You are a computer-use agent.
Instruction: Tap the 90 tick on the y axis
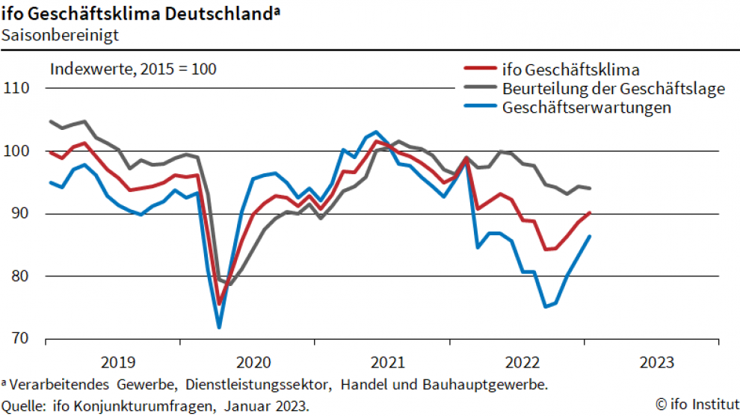[19, 214]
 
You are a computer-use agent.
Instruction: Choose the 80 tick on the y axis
[19, 276]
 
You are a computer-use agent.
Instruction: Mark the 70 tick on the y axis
[19, 338]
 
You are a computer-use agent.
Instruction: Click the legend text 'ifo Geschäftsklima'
[571, 70]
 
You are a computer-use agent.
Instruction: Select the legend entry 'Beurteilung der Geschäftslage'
[614, 89]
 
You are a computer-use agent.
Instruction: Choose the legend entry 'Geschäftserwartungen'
[587, 108]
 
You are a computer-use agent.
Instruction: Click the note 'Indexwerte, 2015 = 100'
[133, 69]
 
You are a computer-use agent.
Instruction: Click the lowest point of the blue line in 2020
[219, 327]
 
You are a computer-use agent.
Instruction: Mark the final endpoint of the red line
[591, 212]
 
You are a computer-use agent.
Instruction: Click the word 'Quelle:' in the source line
[25, 406]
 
